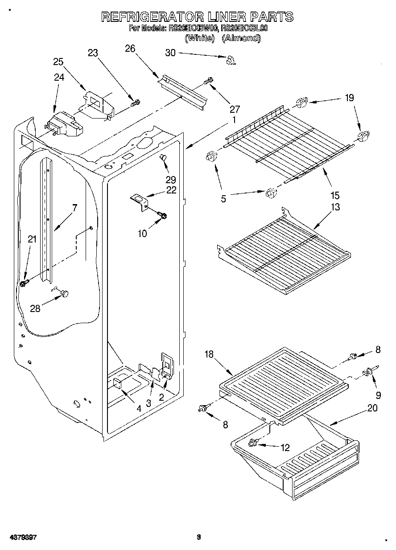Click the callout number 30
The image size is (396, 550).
pos(170,53)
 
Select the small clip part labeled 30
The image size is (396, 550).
pos(230,60)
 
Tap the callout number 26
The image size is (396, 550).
pos(130,49)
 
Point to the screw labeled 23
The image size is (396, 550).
pos(135,103)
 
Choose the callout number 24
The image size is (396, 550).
pos(59,77)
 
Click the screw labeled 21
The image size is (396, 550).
pos(24,283)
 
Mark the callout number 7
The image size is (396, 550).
pos(74,207)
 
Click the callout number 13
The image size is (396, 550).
pos(335,207)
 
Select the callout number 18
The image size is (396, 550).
pos(209,354)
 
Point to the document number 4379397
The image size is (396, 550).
pos(21,538)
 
